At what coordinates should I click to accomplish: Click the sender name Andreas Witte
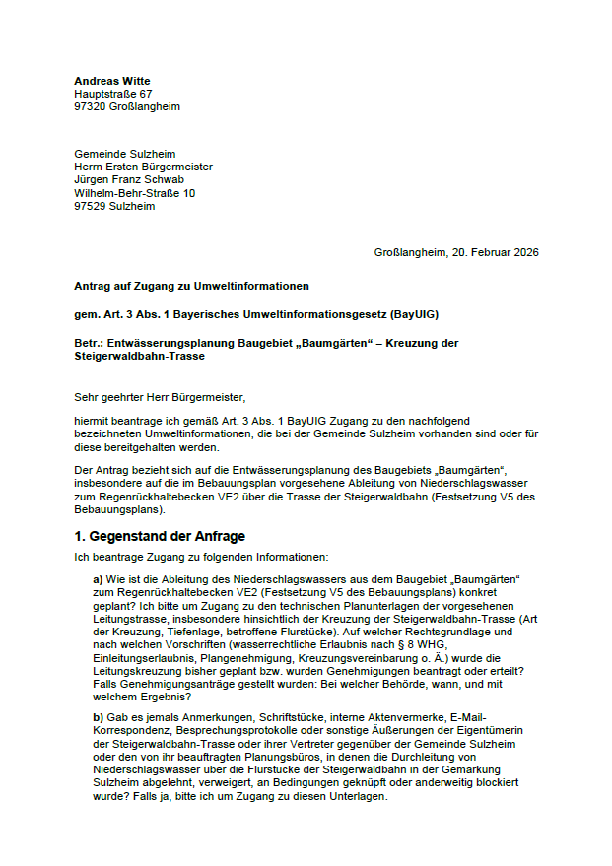(112, 81)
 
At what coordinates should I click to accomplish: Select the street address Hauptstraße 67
(113, 94)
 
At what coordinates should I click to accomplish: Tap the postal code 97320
(90, 106)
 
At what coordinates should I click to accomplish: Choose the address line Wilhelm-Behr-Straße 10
(134, 193)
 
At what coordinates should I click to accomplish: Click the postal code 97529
(90, 206)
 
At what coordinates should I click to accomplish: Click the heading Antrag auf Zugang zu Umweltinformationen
(191, 287)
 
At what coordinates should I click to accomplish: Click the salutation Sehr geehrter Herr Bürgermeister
(159, 398)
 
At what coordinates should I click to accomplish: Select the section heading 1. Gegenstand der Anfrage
(160, 536)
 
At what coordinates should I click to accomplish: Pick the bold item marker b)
(98, 716)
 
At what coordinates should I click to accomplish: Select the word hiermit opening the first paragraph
(92, 419)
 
